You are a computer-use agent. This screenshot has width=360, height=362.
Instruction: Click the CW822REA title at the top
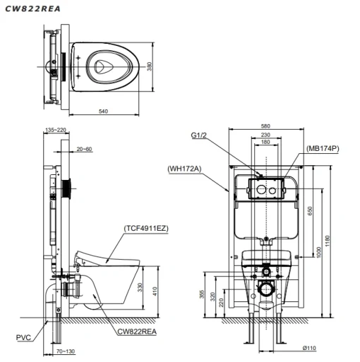tap(32, 9)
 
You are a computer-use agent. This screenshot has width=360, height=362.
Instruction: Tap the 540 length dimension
tap(103, 111)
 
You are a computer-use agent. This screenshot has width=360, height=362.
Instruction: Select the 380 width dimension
tap(149, 66)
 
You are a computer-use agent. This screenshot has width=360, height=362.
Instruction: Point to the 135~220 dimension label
tap(56, 130)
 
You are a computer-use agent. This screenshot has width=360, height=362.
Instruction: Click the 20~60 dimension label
tap(84, 149)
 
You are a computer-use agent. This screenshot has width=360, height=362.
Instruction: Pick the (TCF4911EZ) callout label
tap(146, 229)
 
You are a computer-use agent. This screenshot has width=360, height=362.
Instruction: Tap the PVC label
tap(23, 337)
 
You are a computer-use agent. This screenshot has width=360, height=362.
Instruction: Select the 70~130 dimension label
tap(66, 351)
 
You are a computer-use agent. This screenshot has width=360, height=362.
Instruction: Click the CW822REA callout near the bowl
tap(137, 332)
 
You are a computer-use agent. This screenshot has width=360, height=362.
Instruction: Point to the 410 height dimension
tap(155, 291)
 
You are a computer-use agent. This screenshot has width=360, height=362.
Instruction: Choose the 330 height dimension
tap(140, 287)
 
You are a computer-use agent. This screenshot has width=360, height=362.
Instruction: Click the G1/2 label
tap(198, 135)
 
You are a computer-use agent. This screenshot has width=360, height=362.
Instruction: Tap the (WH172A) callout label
tap(184, 169)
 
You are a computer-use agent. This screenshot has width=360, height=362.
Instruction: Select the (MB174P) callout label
tap(323, 149)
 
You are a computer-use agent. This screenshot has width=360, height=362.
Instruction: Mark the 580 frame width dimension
tap(265, 126)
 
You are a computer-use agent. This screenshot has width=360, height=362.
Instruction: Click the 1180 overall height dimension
tap(328, 241)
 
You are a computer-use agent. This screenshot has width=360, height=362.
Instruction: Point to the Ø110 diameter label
tap(309, 348)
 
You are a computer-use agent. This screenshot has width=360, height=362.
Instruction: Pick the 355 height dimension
tap(202, 294)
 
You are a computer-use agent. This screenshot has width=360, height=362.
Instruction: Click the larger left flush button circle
tap(261, 190)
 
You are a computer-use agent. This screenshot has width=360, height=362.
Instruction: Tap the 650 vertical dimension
tap(310, 211)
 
